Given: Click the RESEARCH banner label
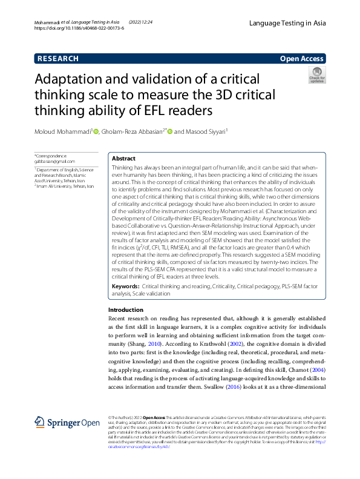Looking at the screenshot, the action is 58,59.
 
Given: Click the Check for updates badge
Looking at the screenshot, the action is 317,76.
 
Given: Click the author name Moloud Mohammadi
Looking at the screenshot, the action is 62,132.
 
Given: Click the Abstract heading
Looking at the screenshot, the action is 123,158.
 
